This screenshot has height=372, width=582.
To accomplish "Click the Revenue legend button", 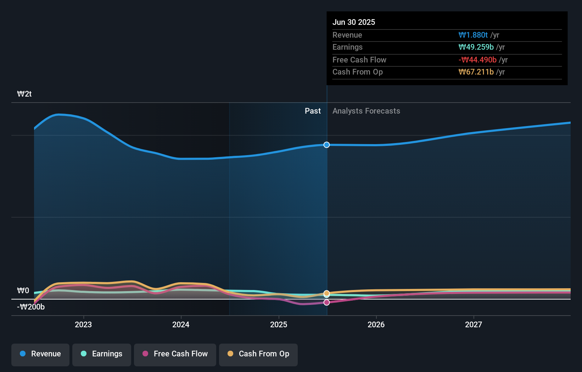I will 40,354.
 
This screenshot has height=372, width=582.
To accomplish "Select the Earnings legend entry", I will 102,354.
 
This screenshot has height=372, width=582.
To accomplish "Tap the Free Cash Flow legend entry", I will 175,354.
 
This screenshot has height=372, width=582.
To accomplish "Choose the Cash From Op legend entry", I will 258,354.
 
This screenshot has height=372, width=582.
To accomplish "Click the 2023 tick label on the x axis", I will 83,324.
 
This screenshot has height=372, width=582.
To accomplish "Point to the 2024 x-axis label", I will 181,324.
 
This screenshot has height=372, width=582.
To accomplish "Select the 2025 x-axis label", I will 279,324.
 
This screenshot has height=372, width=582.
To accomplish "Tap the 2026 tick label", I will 376,324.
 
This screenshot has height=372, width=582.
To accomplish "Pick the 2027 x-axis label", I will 474,324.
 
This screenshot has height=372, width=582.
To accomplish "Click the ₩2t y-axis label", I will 24,94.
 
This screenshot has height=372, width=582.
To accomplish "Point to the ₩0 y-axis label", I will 23,291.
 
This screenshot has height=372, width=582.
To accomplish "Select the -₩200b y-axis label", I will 31,307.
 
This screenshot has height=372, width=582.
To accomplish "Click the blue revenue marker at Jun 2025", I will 326,145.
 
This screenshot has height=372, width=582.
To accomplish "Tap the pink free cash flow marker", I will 326,302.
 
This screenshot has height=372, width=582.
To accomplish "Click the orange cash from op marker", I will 326,293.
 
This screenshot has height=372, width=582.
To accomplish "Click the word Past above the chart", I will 313,111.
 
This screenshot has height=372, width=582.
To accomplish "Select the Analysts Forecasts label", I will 366,111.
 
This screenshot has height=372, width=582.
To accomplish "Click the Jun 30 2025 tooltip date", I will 353,22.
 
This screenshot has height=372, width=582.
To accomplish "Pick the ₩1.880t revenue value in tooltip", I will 473,35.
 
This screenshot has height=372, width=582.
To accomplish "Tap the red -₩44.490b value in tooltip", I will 477,60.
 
